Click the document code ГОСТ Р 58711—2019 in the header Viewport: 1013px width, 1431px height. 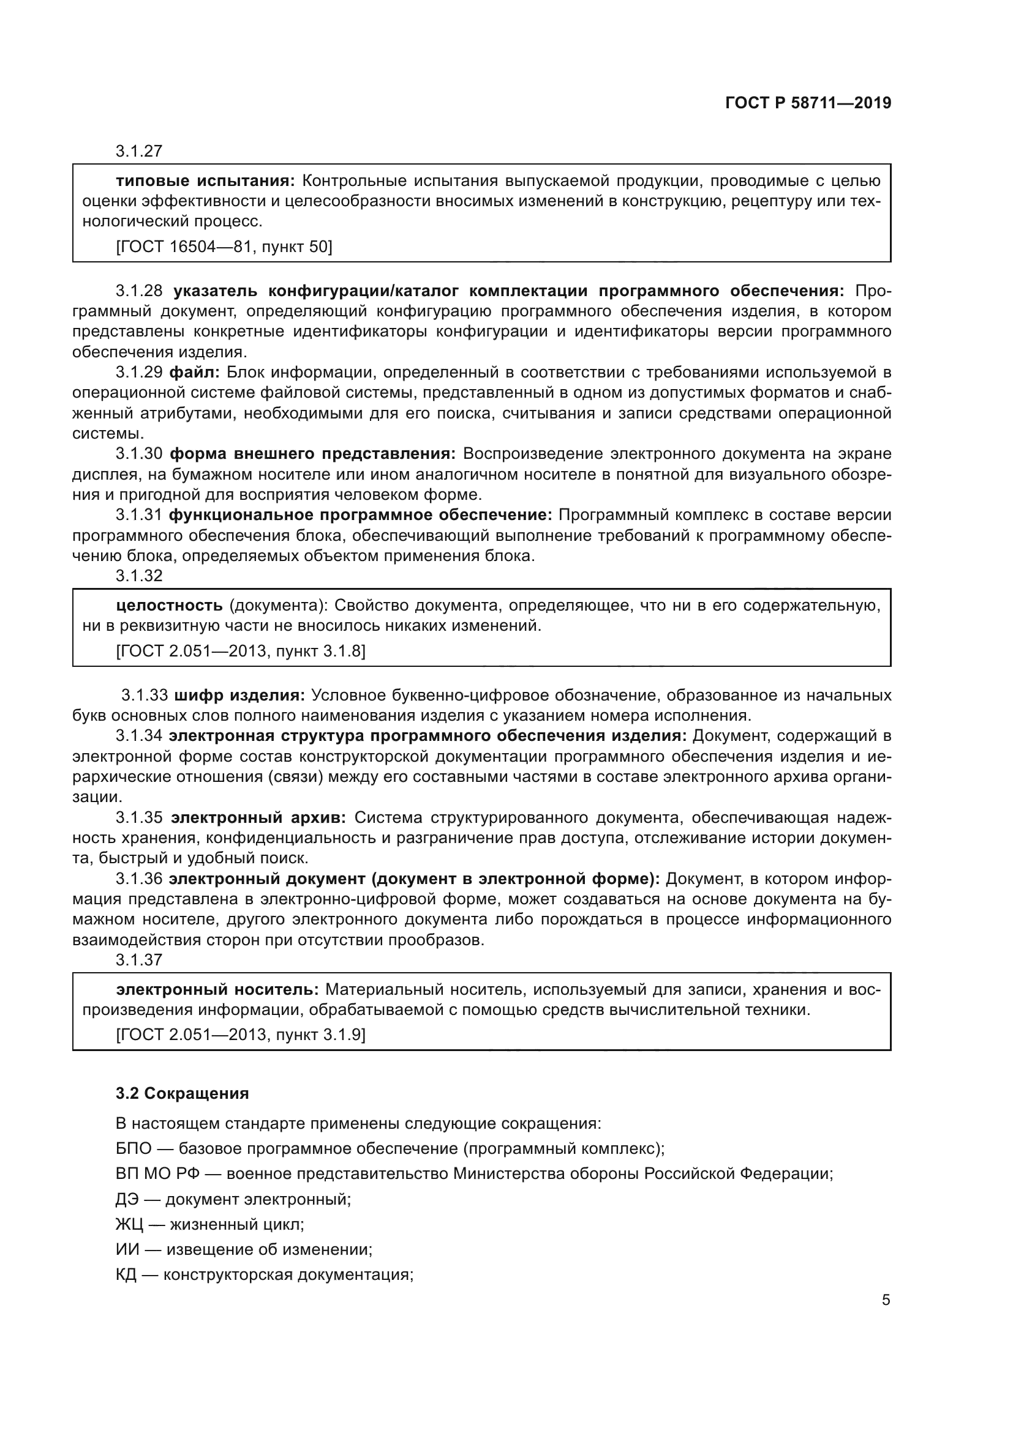point(808,103)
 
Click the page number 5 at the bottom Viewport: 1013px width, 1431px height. point(886,1300)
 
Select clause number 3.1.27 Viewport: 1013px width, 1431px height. point(138,152)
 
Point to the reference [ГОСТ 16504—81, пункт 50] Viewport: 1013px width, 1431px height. point(224,247)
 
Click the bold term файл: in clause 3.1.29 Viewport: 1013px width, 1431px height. point(194,373)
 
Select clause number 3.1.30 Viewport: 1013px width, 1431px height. point(138,454)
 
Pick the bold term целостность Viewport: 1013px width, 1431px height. point(169,605)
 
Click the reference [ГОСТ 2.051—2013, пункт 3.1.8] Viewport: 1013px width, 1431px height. point(240,652)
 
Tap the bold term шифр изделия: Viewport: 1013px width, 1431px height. point(239,696)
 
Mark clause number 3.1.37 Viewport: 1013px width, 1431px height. point(138,961)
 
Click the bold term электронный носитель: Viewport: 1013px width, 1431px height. point(217,990)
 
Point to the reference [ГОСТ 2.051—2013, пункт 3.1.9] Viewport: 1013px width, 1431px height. point(240,1035)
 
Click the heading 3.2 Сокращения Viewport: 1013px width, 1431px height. point(182,1094)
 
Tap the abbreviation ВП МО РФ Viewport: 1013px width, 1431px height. point(157,1174)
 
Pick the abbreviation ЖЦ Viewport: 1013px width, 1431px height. point(129,1225)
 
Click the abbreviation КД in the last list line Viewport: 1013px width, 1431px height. point(126,1274)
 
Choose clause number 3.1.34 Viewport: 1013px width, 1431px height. point(138,736)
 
